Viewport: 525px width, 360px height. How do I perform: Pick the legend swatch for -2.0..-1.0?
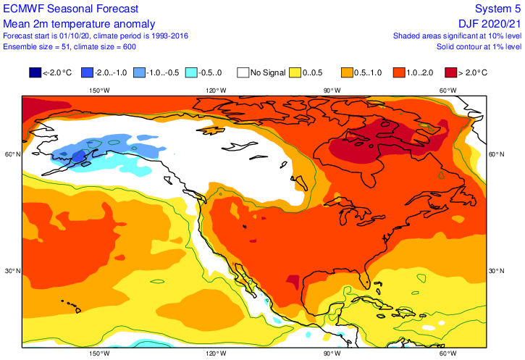(x=88, y=72)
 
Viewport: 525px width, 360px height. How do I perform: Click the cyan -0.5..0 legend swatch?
(x=191, y=72)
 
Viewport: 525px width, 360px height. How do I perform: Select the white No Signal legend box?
(x=243, y=72)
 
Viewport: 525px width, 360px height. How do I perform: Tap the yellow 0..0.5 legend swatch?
(x=295, y=72)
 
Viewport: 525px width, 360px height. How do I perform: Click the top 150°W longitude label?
(x=99, y=91)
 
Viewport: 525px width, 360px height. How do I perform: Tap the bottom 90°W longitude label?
(x=332, y=353)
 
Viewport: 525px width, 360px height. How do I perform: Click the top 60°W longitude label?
(x=448, y=91)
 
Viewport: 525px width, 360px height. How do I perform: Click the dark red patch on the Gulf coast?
(x=293, y=280)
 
